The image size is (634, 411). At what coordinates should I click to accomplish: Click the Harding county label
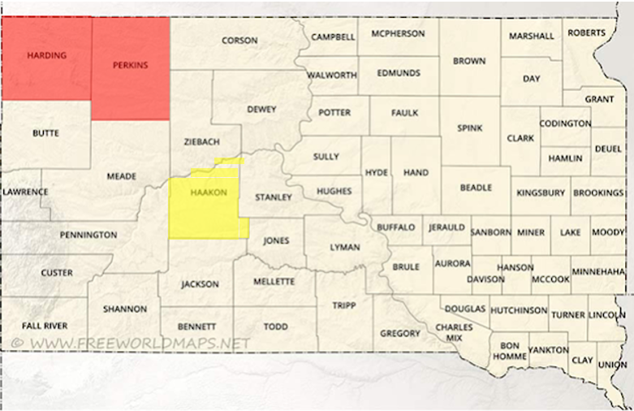coord(46,55)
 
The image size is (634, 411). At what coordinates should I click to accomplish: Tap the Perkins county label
coord(130,65)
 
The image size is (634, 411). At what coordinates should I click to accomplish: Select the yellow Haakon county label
coord(208,193)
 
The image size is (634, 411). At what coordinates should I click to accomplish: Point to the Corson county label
coord(239,40)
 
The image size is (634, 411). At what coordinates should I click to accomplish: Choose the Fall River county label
coord(45,326)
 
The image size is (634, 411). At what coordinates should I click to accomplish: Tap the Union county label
coord(613,364)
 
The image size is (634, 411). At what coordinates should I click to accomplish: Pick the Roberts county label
coord(586,32)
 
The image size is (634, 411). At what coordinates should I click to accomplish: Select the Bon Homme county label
coord(508,351)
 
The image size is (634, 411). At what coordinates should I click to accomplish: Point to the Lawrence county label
coord(25,193)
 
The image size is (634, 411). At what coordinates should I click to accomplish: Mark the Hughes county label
coord(334,191)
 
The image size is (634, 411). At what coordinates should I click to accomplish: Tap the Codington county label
coord(566,123)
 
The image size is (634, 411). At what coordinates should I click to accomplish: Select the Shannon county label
coord(125,309)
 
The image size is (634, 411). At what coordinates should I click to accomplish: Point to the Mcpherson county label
coord(397,34)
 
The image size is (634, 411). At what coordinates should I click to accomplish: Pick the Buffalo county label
coord(396,227)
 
